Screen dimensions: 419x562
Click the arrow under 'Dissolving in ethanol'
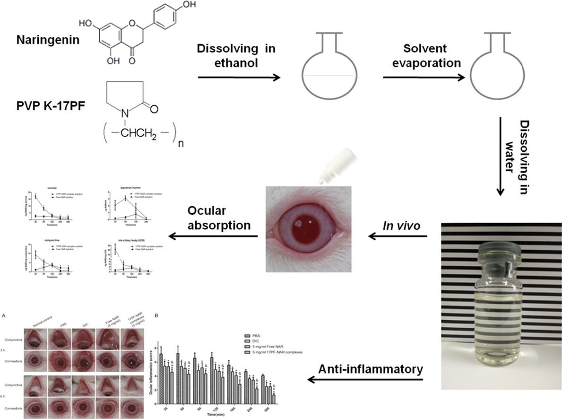tap(238, 77)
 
